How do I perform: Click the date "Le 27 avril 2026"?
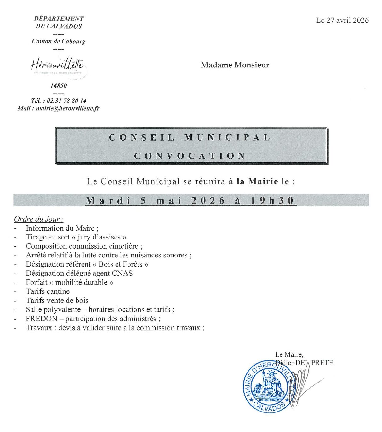342,20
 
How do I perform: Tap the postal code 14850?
59,85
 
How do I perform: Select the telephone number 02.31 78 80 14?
66,101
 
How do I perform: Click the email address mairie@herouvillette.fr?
67,108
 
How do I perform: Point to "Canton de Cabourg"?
59,41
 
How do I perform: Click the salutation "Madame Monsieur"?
235,65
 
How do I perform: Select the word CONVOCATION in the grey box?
190,156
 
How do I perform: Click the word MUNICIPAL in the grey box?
227,138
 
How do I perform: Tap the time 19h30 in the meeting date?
272,201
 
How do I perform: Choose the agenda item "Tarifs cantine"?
48,291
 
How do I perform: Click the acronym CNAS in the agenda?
122,273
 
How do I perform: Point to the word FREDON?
42,319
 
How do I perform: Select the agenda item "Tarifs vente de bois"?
57,301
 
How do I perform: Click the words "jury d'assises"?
99,237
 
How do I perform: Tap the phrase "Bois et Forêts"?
120,264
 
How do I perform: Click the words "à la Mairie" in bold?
253,181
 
